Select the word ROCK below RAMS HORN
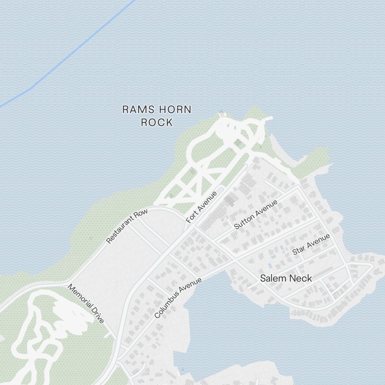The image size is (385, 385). [157, 123]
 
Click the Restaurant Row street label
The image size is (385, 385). [127, 227]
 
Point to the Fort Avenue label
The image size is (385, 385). [201, 207]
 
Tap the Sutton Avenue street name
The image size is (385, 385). [256, 215]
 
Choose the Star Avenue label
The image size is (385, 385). [311, 244]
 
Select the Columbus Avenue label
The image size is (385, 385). [178, 298]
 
